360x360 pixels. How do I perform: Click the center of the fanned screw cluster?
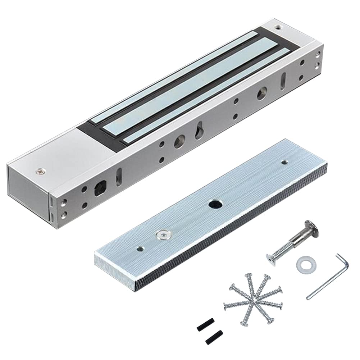click(x=254, y=299)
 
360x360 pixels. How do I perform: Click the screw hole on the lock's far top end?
click(x=277, y=27)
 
